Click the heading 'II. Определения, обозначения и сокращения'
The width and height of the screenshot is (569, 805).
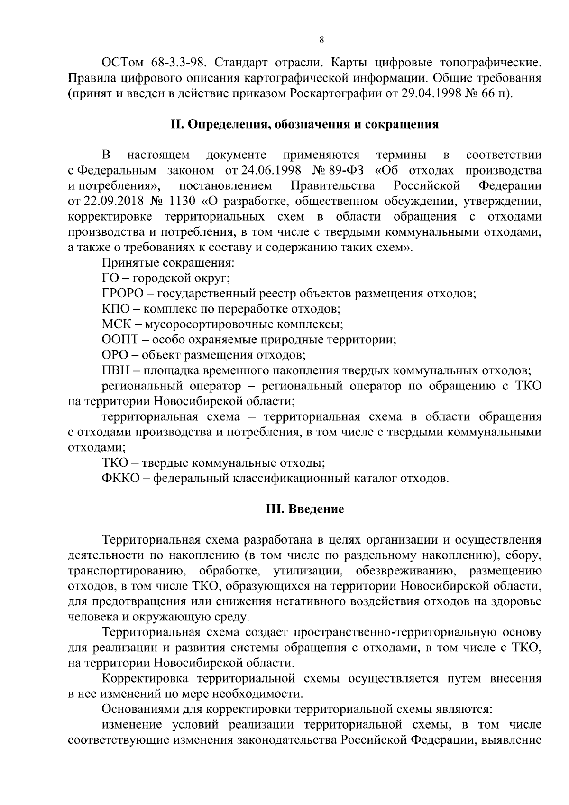click(x=304, y=125)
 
